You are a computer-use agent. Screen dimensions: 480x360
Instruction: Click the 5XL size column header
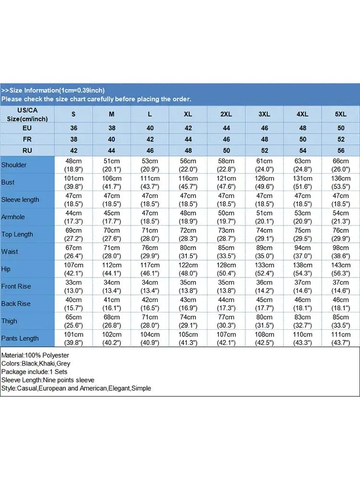[340, 114]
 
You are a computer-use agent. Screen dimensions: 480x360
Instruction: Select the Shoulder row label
[14, 165]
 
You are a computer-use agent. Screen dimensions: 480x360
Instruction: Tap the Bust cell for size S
[73, 182]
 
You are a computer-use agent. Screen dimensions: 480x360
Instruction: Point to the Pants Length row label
[20, 338]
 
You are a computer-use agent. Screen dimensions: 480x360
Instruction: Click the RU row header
[27, 150]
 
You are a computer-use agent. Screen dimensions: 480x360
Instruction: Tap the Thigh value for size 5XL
[340, 321]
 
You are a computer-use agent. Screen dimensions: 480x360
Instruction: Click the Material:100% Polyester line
[35, 356]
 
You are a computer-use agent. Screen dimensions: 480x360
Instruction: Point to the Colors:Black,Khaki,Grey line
[36, 364]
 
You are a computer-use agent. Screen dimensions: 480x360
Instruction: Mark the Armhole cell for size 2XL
[226, 217]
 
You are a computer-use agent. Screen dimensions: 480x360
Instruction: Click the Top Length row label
[17, 234]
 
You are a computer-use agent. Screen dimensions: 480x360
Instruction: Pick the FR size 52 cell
[340, 139]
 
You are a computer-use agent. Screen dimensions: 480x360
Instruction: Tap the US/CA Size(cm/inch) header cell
[27, 114]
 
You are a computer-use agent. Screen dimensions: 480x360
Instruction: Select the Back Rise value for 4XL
[302, 304]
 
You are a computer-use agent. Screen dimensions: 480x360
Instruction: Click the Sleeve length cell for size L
[150, 200]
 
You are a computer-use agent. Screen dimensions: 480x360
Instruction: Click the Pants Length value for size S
[73, 338]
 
